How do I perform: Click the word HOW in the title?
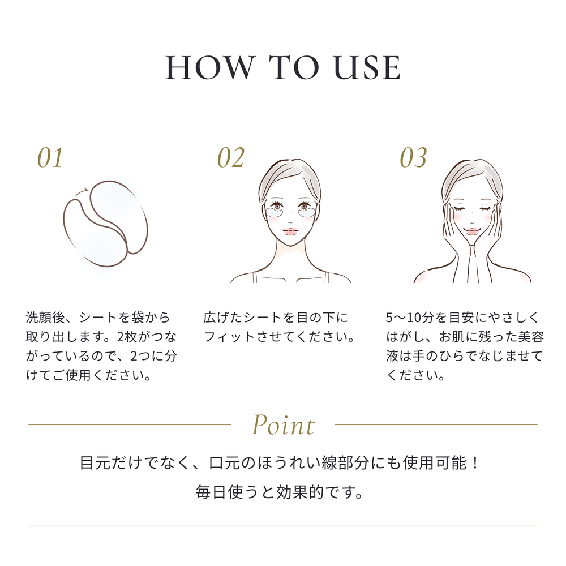209,67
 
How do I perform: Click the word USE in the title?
367,67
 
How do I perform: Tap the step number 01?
50,158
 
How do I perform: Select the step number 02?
231,158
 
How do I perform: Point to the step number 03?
413,158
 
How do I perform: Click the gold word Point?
283,425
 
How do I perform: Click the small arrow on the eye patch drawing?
82,192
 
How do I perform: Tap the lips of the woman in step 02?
289,231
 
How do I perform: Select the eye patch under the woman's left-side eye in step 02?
276,214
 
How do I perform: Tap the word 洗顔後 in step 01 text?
45,318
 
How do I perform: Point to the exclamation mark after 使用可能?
475,463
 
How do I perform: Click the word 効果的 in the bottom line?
299,492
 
